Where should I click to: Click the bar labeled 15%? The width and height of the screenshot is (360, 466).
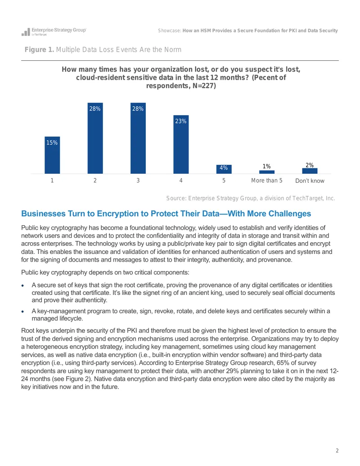[x=52, y=155]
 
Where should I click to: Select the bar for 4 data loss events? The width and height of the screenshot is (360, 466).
[x=181, y=145]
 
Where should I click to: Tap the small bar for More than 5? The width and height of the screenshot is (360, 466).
[x=267, y=172]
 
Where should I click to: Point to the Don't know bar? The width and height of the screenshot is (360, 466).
[x=310, y=171]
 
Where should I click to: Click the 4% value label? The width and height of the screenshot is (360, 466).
[x=224, y=168]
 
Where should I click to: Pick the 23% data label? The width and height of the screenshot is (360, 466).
[x=180, y=121]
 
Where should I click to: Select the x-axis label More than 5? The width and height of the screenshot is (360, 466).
[x=267, y=181]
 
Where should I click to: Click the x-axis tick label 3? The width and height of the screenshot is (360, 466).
[x=138, y=181]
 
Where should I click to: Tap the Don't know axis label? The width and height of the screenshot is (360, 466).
[x=310, y=181]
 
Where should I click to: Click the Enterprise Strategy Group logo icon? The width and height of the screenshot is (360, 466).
[x=26, y=32]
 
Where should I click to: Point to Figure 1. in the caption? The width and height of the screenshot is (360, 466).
[x=39, y=50]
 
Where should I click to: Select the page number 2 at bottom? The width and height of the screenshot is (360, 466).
[x=337, y=451]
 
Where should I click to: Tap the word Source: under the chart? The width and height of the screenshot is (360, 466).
[x=176, y=198]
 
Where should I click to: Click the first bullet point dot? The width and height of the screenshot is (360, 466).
[x=22, y=285]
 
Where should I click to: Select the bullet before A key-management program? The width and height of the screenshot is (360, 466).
[x=22, y=312]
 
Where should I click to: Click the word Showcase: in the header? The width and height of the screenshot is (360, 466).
[x=170, y=31]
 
